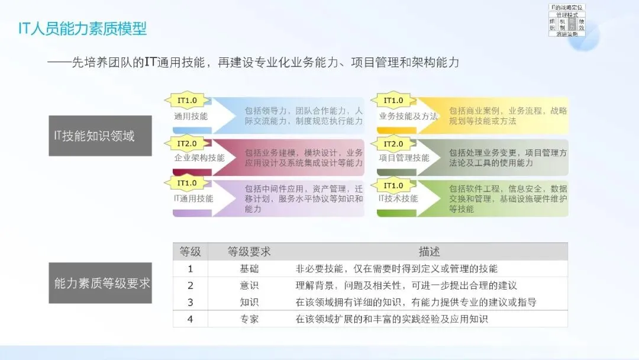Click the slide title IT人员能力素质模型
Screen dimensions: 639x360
(x=82, y=28)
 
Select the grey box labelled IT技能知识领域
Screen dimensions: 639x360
(x=100, y=136)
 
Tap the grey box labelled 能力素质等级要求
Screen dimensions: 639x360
(x=100, y=283)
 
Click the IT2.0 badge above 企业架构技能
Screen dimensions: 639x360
(x=186, y=144)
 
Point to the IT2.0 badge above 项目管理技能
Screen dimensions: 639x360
(x=393, y=144)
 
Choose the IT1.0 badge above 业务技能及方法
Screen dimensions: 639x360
(x=393, y=101)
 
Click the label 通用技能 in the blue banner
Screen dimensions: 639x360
(x=191, y=116)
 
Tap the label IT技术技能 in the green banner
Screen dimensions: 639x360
(x=398, y=198)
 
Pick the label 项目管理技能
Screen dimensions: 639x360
(x=404, y=158)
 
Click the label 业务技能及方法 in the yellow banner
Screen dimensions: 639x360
(x=408, y=116)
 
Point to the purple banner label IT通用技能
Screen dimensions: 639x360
(x=193, y=198)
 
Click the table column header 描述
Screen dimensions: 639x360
(x=429, y=252)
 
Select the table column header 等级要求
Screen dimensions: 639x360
(x=249, y=252)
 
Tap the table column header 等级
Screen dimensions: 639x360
(x=191, y=252)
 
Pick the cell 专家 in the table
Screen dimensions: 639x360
(x=249, y=319)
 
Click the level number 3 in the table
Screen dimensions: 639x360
(x=191, y=302)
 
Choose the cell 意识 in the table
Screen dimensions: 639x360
(x=249, y=285)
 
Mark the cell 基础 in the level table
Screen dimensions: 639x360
(x=249, y=269)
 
